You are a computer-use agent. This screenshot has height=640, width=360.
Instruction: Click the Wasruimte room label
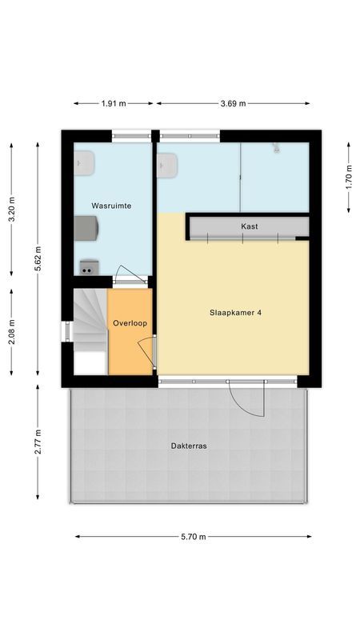click(111, 206)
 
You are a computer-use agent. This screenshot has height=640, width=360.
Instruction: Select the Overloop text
click(130, 323)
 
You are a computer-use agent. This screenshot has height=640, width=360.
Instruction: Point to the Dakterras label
click(188, 446)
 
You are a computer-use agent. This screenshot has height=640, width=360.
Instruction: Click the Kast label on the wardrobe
click(249, 227)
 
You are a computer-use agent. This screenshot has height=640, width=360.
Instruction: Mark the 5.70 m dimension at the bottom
click(192, 537)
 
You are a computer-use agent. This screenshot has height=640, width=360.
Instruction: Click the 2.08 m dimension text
click(11, 331)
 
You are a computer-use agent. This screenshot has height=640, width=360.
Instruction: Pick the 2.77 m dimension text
click(37, 442)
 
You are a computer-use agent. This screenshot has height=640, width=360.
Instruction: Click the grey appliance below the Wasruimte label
click(86, 228)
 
